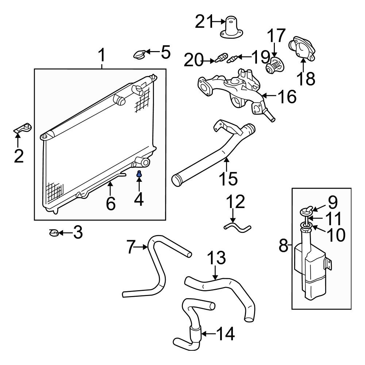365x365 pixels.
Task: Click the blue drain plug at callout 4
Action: pos(139,174)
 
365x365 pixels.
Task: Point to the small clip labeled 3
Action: pos(54,232)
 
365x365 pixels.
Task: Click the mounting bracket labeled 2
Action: pos(24,128)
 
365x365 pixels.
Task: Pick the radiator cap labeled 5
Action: pos(139,55)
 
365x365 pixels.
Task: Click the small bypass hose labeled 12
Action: pos(238,228)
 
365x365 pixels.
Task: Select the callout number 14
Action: pos(225,334)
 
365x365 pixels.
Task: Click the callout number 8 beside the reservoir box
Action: pos(284,246)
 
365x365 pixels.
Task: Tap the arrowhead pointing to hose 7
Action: pos(147,247)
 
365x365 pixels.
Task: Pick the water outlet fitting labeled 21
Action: pos(231,27)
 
